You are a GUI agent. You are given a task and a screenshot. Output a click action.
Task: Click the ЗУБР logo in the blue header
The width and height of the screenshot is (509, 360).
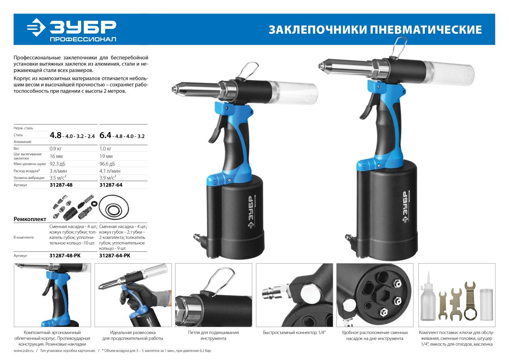(71, 29)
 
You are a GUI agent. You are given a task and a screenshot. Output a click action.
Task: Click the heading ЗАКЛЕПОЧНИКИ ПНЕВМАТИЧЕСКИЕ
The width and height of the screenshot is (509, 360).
(375, 30)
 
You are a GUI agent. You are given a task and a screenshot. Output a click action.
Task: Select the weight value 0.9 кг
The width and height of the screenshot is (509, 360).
(56, 148)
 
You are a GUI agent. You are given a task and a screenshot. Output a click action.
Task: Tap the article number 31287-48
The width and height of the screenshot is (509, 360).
(61, 185)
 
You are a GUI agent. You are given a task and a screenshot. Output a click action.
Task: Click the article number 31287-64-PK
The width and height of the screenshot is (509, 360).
(115, 256)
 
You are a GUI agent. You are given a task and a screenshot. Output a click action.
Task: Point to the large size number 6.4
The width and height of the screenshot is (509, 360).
(105, 135)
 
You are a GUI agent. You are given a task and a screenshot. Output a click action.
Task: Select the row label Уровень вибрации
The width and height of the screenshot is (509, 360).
(29, 178)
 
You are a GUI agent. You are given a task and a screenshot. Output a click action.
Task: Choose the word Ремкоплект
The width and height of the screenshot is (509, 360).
(30, 219)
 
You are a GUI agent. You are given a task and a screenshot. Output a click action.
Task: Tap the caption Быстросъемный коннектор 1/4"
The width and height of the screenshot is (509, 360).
(294, 332)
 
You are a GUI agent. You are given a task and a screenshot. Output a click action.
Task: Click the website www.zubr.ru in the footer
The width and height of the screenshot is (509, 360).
(23, 350)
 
